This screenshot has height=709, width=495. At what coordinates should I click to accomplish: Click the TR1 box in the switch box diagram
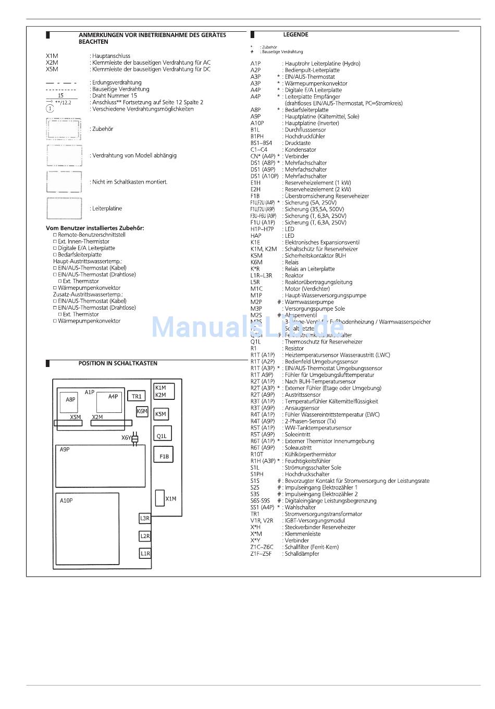137,396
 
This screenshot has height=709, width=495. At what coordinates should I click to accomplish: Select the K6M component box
142,411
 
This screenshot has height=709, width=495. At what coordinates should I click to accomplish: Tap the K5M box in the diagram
160,414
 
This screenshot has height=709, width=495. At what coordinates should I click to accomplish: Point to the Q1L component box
162,435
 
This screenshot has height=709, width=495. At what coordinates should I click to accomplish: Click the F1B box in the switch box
164,455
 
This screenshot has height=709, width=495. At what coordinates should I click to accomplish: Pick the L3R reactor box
145,518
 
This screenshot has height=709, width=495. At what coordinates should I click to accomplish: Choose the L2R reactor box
145,536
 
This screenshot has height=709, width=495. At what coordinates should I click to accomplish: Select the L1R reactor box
145,553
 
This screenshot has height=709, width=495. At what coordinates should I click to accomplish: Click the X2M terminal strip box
111,422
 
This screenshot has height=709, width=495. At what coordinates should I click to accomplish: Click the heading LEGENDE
295,35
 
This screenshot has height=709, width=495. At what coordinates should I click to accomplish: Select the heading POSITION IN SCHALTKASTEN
118,363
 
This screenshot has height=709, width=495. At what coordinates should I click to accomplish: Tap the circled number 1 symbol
50,109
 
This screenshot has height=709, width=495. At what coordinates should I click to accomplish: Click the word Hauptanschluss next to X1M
112,56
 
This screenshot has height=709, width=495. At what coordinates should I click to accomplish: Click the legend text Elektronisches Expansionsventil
322,242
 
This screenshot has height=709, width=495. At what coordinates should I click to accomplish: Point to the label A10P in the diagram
66,500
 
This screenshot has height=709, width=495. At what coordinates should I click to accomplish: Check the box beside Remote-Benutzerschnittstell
55,235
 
